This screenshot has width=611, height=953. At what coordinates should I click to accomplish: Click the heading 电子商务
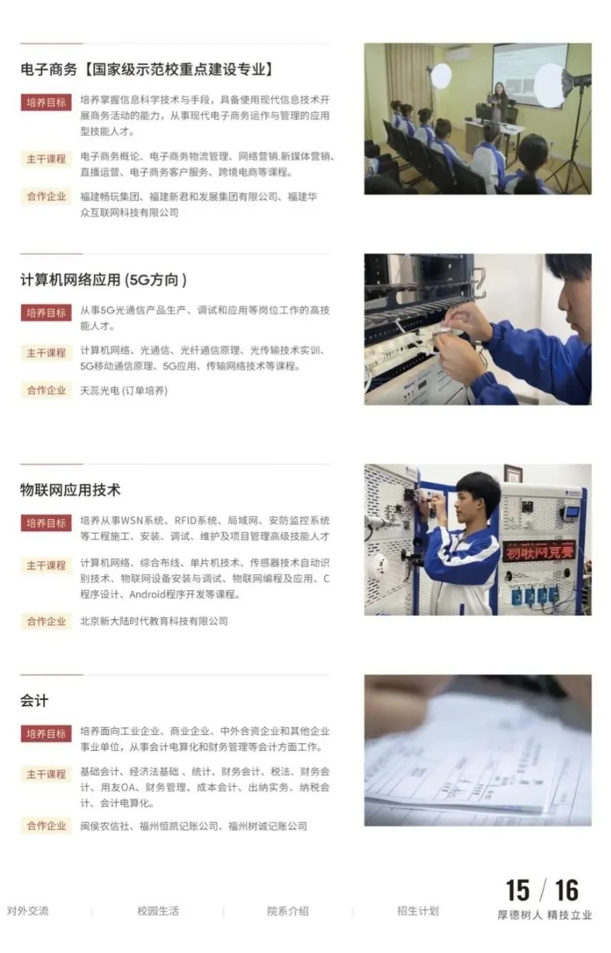tap(48, 69)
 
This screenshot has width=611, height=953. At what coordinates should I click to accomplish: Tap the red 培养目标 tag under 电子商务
tap(46, 103)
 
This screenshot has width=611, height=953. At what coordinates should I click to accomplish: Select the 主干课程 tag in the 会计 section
tap(46, 774)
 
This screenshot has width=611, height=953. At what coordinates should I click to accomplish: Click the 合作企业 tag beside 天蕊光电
tap(46, 391)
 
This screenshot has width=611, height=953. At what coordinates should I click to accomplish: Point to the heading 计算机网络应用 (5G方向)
tap(103, 280)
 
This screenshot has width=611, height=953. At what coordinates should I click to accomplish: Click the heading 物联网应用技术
tap(70, 490)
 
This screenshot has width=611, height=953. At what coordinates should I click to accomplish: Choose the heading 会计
tap(34, 701)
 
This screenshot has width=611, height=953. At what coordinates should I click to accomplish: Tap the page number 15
tap(517, 891)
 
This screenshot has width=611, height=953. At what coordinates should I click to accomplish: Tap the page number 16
tap(566, 891)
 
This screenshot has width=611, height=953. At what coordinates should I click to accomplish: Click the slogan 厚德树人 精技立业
tap(544, 915)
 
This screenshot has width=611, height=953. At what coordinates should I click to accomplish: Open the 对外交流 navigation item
tap(28, 911)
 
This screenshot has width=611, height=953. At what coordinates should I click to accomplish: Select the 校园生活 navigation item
tap(158, 911)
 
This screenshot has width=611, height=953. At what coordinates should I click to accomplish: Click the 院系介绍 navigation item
tap(288, 911)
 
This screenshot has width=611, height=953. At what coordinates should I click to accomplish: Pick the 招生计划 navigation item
tap(418, 911)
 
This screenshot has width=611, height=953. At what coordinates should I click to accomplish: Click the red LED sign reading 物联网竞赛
tap(540, 553)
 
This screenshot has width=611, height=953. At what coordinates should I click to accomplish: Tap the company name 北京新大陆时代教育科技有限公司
tap(154, 621)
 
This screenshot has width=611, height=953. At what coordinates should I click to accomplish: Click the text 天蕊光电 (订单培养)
tap(124, 391)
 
